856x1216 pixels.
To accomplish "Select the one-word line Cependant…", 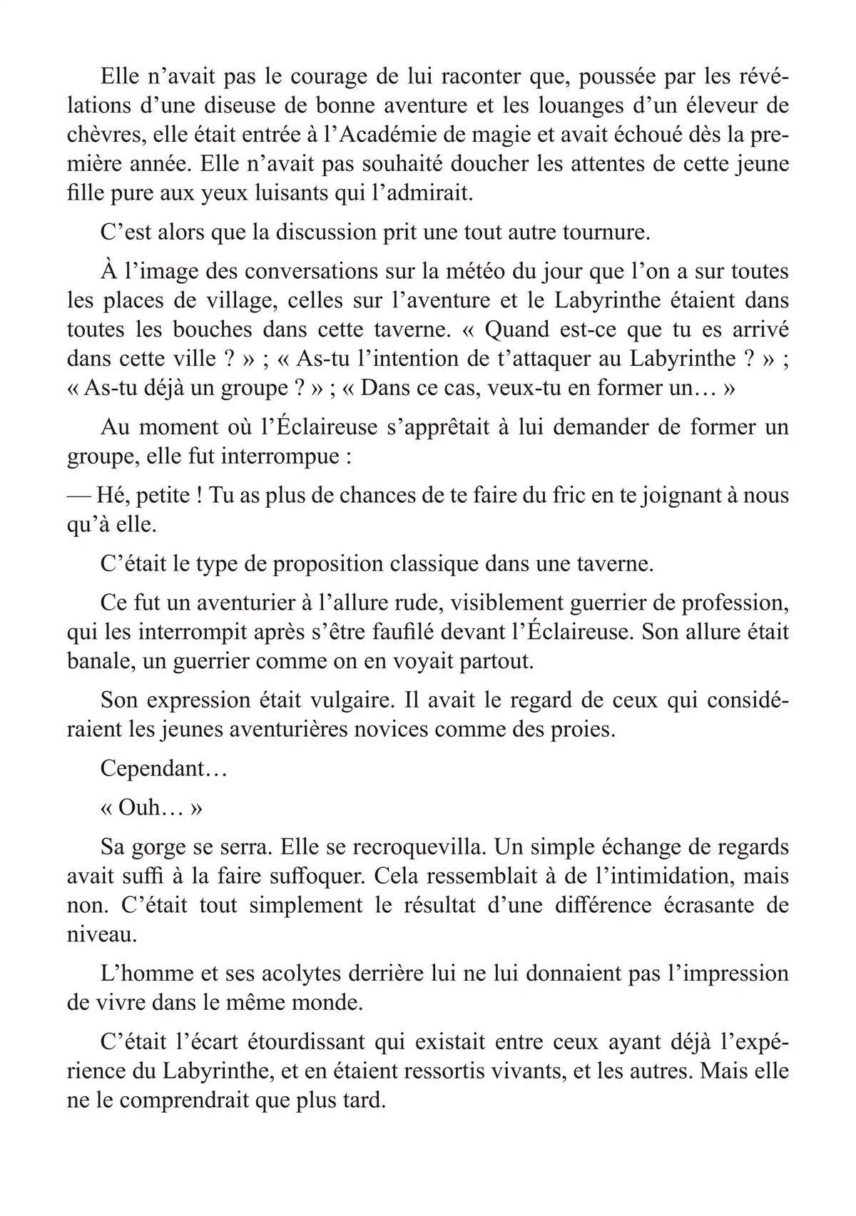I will pyautogui.click(x=153, y=769).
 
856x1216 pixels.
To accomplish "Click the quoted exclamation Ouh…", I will pyautogui.click(x=152, y=808).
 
